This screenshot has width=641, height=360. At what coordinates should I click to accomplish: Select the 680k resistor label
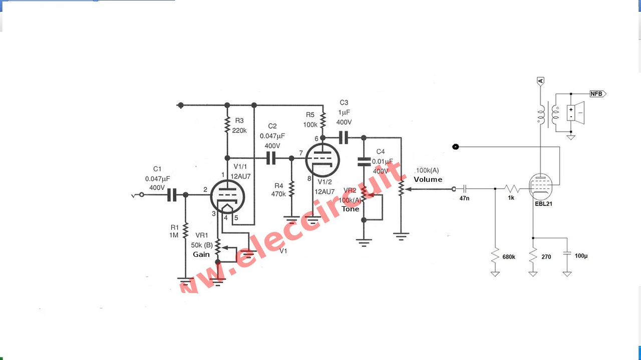pyautogui.click(x=509, y=257)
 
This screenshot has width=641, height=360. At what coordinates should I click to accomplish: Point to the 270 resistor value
pyautogui.click(x=546, y=257)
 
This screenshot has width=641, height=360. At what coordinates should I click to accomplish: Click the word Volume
pyautogui.click(x=428, y=179)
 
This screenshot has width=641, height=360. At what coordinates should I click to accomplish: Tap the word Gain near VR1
pyautogui.click(x=201, y=254)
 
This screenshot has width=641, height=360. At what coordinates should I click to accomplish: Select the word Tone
pyautogui.click(x=351, y=209)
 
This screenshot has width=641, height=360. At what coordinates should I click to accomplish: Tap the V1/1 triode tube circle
pyautogui.click(x=226, y=196)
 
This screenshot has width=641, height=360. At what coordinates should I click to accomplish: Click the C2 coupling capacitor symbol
pyautogui.click(x=271, y=158)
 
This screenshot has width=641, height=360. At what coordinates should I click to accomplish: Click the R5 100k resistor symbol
pyautogui.click(x=323, y=121)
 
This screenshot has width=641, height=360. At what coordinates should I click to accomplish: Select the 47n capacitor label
pyautogui.click(x=464, y=198)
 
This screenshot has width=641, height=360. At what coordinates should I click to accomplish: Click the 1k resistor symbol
pyautogui.click(x=512, y=189)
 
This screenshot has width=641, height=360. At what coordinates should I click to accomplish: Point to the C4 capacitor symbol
pyautogui.click(x=364, y=161)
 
